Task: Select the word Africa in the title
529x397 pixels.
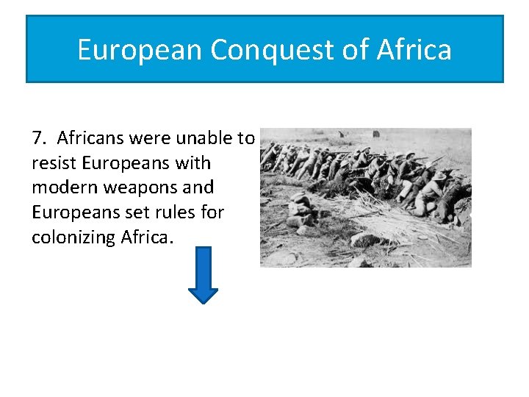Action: [414, 50]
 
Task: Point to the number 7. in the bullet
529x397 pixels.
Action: [40, 138]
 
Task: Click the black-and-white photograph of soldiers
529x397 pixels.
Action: [366, 197]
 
